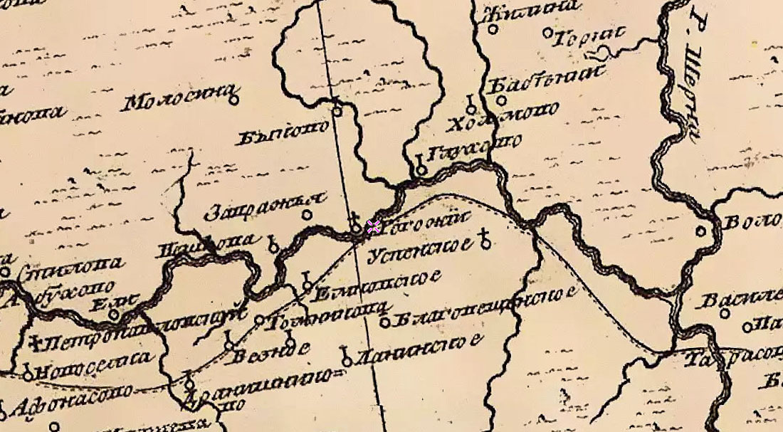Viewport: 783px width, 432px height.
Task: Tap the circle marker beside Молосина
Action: coord(233,100)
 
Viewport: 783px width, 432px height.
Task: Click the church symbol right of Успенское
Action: coord(485,241)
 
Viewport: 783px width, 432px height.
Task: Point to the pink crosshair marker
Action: coord(373,227)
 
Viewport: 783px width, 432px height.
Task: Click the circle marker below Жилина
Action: coord(547,33)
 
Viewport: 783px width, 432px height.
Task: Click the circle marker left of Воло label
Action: coord(701,231)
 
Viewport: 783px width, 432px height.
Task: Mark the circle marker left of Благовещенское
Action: coord(384,322)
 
